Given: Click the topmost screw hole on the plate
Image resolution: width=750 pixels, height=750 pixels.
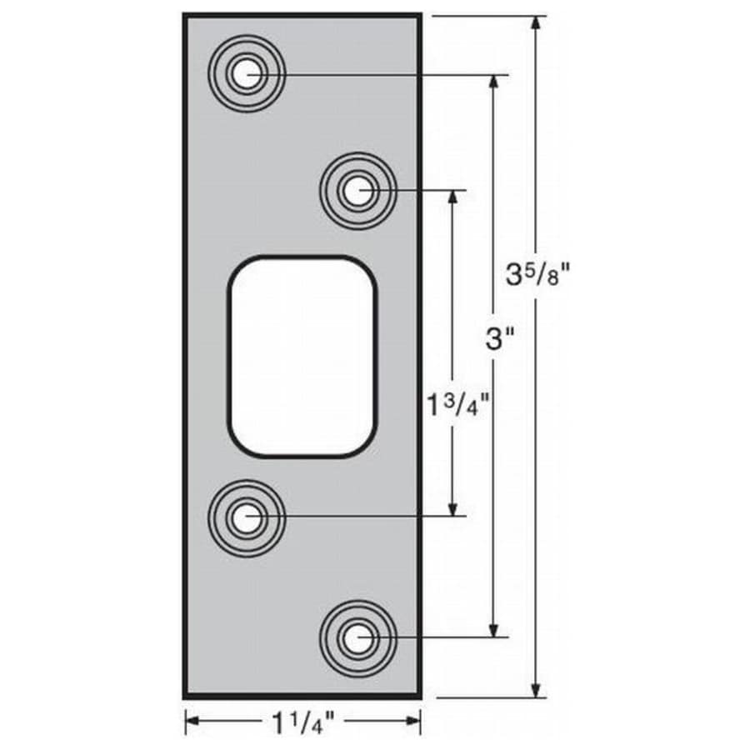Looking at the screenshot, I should pos(246,75).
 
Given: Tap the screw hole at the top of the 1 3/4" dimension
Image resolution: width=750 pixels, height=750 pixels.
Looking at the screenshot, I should pos(357,191).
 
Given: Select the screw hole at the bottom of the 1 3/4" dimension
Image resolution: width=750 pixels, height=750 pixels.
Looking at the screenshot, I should pos(246,517).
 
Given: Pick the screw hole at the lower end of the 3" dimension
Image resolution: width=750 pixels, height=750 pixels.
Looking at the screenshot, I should pos(357,638).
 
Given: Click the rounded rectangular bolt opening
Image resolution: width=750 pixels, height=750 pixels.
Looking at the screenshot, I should pos(302,357).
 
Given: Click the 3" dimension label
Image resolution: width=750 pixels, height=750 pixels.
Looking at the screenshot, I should pos(499,338).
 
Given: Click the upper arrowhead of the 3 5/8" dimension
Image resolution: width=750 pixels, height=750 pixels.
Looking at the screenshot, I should pos(537,22).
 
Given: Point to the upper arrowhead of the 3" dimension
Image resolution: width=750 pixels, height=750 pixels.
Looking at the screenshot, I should pos(497,82).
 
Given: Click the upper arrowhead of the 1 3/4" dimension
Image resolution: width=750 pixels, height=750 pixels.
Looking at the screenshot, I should pos(453,197).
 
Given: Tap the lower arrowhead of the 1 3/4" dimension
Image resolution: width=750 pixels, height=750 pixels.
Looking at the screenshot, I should pos(453,509).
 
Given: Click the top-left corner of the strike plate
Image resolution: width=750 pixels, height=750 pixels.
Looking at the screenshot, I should pos(185,15).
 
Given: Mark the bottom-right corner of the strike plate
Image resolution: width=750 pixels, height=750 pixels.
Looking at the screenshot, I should pos(421,697).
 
